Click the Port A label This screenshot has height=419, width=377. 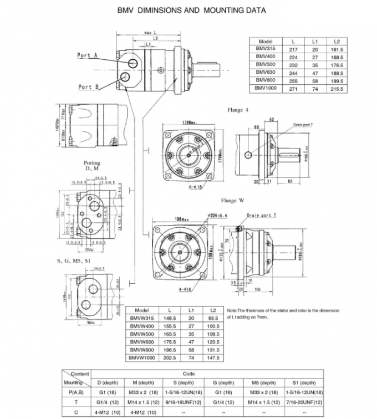point(88,55)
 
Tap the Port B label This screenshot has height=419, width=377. point(88,87)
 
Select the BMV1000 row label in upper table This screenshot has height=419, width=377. point(265,88)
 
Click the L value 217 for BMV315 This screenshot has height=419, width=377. point(294,49)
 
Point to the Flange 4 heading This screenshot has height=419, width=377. point(238,110)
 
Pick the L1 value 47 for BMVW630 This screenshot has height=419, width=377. point(191,343)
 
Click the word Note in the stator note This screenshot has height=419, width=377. point(233,310)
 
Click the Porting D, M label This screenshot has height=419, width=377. point(92,166)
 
